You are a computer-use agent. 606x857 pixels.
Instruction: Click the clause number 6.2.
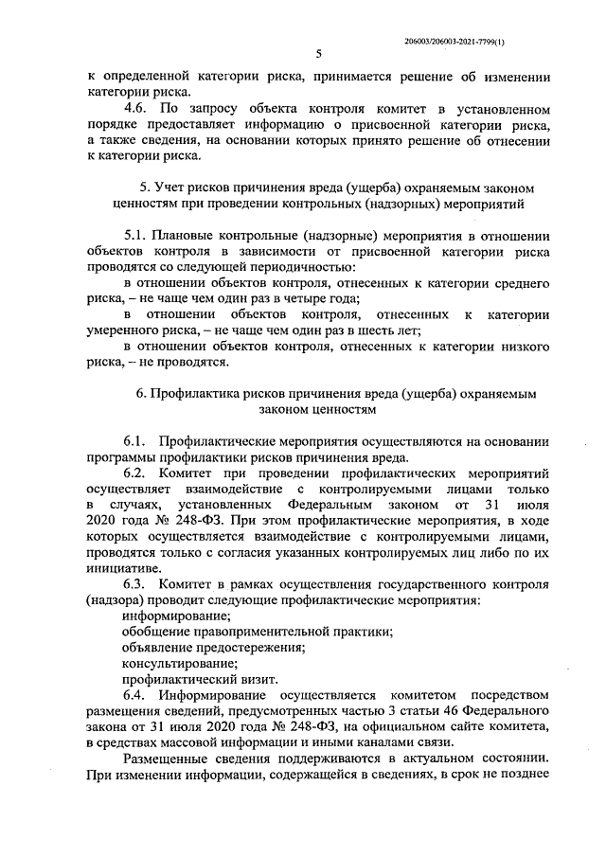pyautogui.click(x=138, y=473)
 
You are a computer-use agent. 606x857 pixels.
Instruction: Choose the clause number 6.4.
pyautogui.click(x=138, y=696)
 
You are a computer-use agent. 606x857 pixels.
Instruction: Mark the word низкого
pyautogui.click(x=526, y=347)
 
